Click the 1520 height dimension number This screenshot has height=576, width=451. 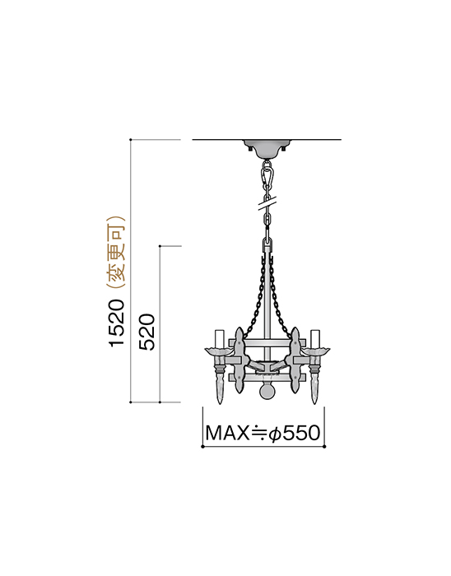coord(118,323)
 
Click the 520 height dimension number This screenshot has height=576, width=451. coord(148,332)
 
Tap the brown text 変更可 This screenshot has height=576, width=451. coord(118,253)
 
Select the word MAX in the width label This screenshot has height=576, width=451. coord(227,433)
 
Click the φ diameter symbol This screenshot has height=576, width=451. coord(275,434)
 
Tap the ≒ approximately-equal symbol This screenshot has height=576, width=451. coord(258,433)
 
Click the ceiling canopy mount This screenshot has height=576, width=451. coord(267,148)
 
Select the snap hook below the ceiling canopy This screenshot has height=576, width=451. coord(267,175)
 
